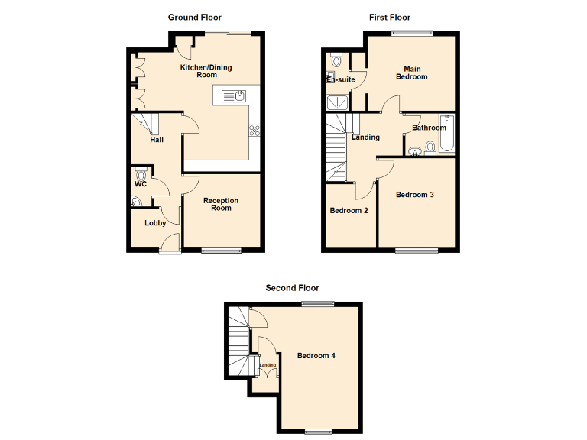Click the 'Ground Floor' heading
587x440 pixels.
coord(195,17)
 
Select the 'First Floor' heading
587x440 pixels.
coord(389,17)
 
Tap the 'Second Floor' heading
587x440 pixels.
coord(292,288)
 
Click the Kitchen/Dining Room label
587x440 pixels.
coord(206,71)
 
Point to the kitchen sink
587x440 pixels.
coord(232,95)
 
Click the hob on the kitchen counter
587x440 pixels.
coord(255,130)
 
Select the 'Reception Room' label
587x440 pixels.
coord(221,204)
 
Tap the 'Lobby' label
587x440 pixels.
coord(155,223)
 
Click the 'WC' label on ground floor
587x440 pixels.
coord(141,184)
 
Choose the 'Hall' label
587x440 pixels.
coord(157,140)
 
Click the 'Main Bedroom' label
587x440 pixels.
coord(411,73)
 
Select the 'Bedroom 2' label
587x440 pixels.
coord(349,210)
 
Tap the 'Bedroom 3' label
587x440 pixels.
coord(415,195)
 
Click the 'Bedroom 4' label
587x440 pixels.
coord(316,356)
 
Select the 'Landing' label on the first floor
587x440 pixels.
coord(366,137)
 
